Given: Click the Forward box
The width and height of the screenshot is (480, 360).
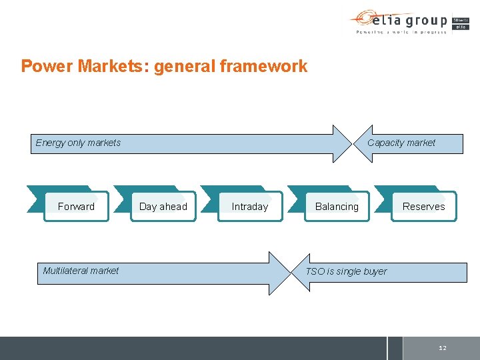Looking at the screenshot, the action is (76, 207).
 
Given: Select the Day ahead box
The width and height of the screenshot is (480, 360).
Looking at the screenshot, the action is (163, 207).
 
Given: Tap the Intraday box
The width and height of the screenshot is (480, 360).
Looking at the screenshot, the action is (250, 207).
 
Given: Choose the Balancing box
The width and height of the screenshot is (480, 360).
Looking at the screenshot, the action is (337, 207).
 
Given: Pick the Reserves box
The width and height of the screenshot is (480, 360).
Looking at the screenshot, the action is (423, 207).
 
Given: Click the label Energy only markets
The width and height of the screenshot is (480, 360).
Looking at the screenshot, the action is (78, 143).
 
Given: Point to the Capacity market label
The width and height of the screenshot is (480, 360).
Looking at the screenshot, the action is (401, 143).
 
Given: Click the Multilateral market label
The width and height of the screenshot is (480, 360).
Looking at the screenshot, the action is (81, 271).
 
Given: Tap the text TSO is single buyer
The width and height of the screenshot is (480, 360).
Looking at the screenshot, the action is (346, 271).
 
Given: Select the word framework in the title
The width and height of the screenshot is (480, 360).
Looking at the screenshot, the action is (267, 67).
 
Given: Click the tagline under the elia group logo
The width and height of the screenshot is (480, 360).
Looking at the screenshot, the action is (401, 31).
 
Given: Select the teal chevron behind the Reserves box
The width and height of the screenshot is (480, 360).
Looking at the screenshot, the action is (382, 199).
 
